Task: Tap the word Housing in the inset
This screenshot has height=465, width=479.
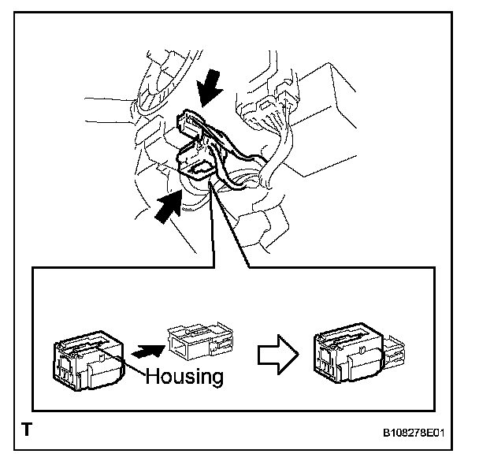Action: tap(184, 375)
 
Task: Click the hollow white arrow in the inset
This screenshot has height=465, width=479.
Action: tap(277, 356)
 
